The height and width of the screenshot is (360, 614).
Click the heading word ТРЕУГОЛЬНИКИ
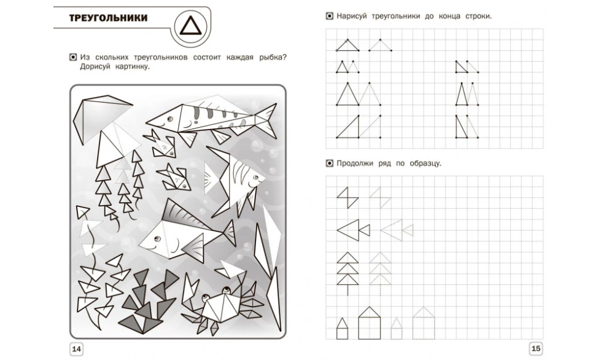click(x=109, y=18)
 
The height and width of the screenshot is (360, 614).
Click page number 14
click(x=76, y=349)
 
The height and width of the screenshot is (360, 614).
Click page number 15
click(x=535, y=348)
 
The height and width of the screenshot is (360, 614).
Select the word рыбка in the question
click(x=273, y=58)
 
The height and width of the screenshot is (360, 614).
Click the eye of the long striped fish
click(x=170, y=119)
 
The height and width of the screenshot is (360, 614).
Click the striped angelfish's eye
click(x=256, y=178)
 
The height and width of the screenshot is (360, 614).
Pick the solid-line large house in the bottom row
click(x=369, y=323)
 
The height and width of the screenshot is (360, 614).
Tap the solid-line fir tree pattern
click(x=348, y=273)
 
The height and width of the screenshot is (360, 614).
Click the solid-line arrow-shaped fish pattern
click(x=353, y=230)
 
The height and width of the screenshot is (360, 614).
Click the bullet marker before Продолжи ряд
click(x=330, y=163)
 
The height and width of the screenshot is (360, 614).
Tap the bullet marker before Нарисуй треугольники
click(x=330, y=17)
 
